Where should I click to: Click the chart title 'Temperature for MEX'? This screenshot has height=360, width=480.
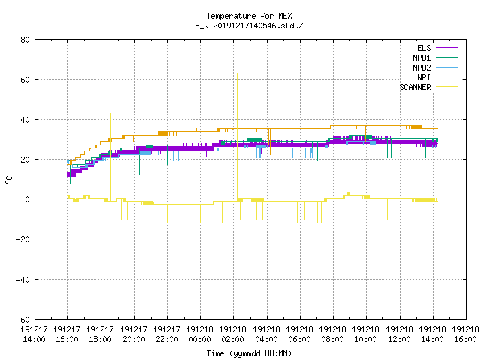[x=249, y=16]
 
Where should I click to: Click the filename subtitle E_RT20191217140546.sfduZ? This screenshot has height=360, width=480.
[x=249, y=25]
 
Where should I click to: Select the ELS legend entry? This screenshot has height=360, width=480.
[x=436, y=48]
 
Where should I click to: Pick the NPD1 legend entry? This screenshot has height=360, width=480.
[x=435, y=58]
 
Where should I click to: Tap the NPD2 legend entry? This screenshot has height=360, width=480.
[x=435, y=67]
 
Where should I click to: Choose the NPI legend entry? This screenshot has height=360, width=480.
[x=437, y=77]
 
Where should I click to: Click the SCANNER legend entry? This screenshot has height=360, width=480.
[x=428, y=87]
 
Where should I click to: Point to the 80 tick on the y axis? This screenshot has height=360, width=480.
[x=25, y=40]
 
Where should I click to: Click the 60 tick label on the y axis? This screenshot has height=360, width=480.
[x=25, y=79]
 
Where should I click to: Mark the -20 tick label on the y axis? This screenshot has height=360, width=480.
[x=23, y=239]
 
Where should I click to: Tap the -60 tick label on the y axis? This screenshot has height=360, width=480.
[x=23, y=319]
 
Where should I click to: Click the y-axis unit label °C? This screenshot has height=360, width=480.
[x=8, y=180]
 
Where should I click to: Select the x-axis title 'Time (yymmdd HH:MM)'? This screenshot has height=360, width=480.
[x=249, y=353]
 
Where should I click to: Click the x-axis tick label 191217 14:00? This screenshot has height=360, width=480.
[x=34, y=334]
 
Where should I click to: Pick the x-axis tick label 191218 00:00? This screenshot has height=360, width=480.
[x=200, y=334]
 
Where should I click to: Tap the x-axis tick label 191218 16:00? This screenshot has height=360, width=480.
[x=465, y=334]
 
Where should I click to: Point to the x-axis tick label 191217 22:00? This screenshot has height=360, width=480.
[x=166, y=334]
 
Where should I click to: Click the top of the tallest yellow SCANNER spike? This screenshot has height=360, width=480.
[x=237, y=73]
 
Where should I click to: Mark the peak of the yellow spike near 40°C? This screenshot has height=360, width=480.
[x=110, y=113]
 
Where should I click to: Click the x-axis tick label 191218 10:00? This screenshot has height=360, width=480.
[x=365, y=334]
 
